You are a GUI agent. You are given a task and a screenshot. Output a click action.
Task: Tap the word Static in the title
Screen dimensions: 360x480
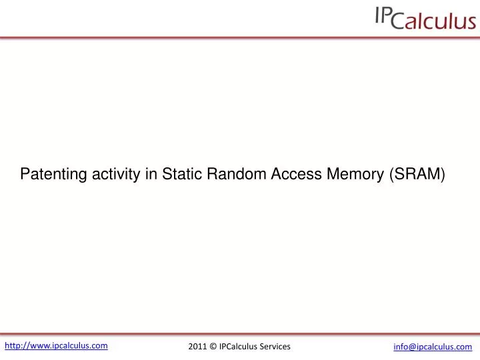[181, 175]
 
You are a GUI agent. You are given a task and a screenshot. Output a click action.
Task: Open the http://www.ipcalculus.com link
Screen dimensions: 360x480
[57, 345]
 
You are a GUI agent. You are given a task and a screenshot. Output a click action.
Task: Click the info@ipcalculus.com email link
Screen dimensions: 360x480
[433, 347]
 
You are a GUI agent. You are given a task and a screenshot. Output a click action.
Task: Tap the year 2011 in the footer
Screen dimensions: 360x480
[197, 347]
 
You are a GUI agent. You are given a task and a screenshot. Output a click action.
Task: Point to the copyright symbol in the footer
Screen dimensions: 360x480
[213, 347]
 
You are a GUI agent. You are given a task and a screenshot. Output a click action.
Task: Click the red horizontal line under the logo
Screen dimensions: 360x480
[240, 37]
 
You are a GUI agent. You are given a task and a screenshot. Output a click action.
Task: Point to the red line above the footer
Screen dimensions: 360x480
[240, 333]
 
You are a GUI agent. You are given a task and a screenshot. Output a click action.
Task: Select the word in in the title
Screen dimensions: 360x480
[151, 175]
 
